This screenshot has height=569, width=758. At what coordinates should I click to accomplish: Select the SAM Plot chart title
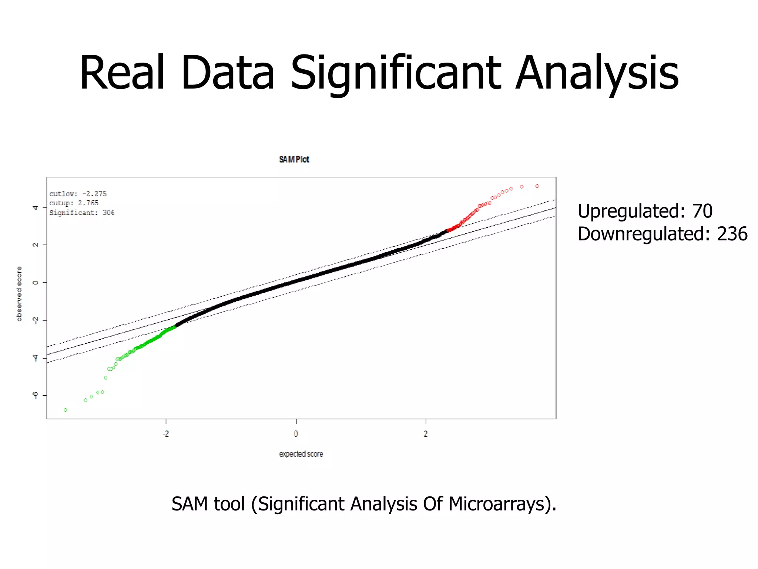(x=294, y=159)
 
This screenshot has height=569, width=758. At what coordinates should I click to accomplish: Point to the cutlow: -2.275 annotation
(x=78, y=194)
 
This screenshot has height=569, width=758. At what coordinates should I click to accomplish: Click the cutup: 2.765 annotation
(x=74, y=203)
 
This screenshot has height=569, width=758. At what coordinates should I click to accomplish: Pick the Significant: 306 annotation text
(x=82, y=213)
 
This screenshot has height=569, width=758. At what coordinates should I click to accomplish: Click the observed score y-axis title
(x=19, y=294)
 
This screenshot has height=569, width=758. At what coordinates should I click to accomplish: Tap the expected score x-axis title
(x=301, y=454)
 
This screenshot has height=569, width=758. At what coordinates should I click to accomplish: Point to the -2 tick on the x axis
(x=166, y=434)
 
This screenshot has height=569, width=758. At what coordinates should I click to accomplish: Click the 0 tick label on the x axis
(x=296, y=434)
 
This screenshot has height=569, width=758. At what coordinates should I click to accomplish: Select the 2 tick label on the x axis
(x=426, y=434)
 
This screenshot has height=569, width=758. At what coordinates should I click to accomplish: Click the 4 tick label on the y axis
(x=36, y=207)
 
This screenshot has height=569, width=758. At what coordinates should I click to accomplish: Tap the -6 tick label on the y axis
(x=36, y=395)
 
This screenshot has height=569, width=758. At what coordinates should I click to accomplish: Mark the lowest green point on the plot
(x=66, y=410)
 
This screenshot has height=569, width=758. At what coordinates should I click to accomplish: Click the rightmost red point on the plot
(x=537, y=186)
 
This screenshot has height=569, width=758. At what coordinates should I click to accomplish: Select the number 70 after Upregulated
(x=702, y=211)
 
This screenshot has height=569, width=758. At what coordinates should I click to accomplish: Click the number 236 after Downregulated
(x=732, y=234)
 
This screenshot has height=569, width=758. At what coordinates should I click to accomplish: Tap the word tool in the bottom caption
(x=229, y=504)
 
